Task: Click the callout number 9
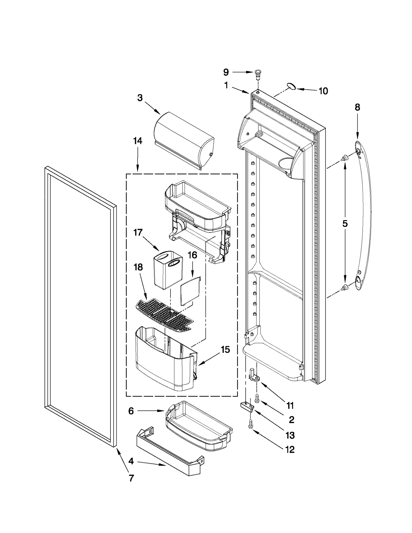tap(226, 72)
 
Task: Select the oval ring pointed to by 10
tap(291, 87)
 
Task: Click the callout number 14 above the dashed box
tap(138, 141)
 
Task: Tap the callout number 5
tap(345, 223)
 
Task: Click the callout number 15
tap(225, 350)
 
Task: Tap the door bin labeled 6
tap(198, 429)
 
